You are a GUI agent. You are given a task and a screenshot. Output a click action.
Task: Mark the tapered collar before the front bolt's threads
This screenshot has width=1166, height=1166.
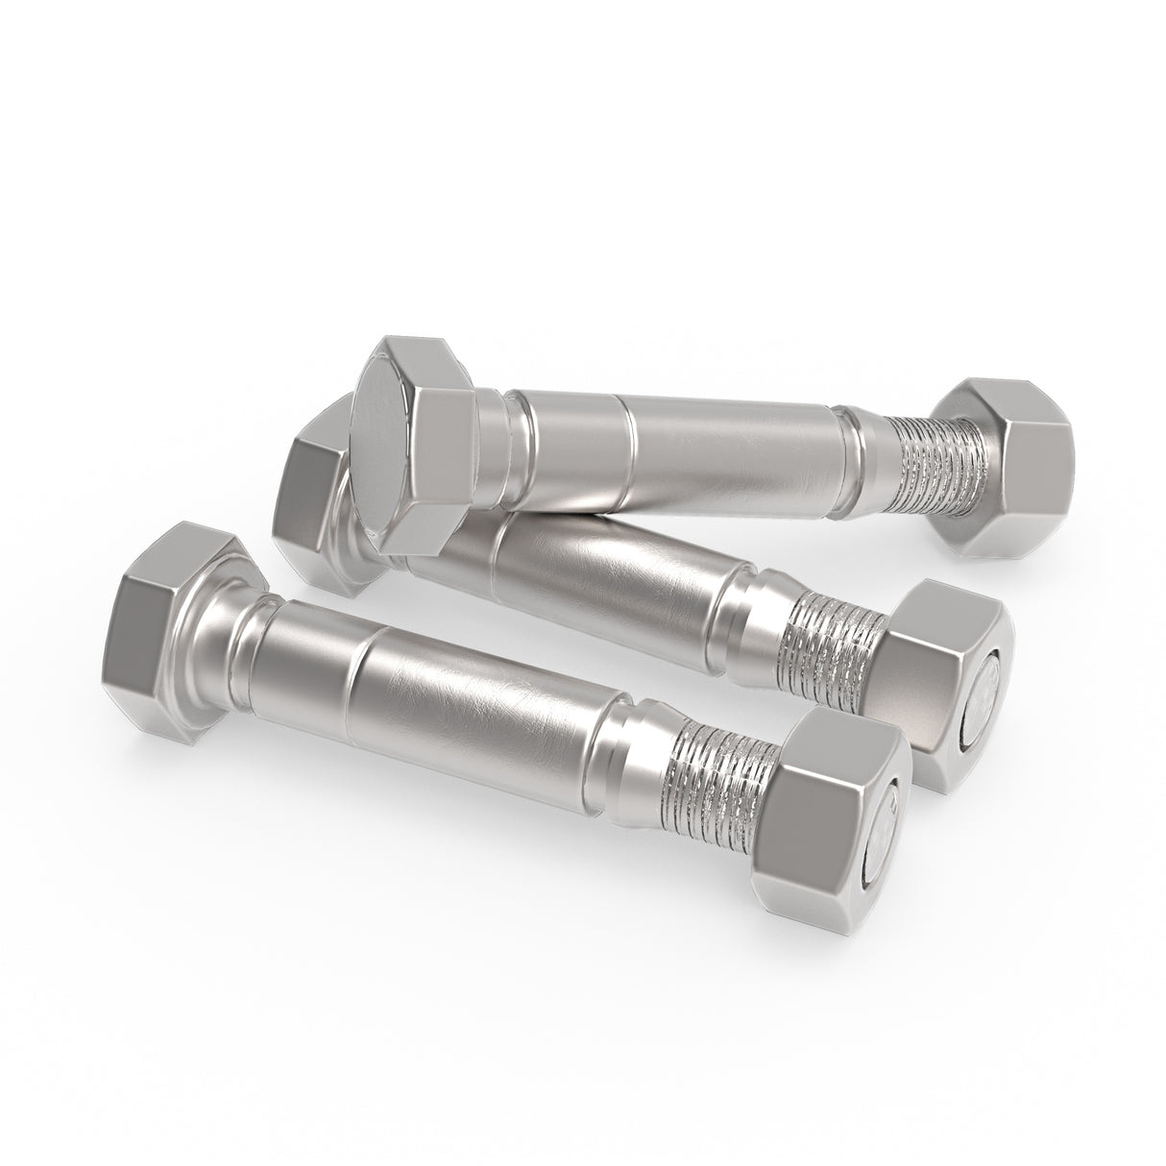(629, 749)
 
